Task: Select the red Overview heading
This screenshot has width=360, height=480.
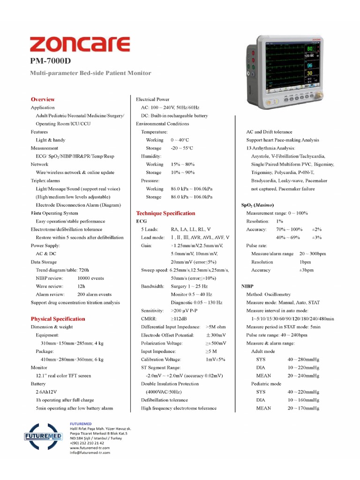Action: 43,99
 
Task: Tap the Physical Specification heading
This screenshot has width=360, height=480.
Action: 58,319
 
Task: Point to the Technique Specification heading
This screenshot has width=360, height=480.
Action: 165,213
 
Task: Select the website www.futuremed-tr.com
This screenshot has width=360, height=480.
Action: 90,448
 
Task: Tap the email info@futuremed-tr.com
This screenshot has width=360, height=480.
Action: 90,453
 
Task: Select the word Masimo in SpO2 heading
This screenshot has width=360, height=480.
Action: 265,205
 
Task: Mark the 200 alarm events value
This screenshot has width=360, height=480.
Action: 94,294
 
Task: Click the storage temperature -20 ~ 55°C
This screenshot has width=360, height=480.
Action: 182,148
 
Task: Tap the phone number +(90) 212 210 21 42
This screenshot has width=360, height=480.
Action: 87,443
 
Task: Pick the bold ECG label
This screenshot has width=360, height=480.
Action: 142,221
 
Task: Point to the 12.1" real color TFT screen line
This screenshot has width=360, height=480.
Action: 63,375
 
